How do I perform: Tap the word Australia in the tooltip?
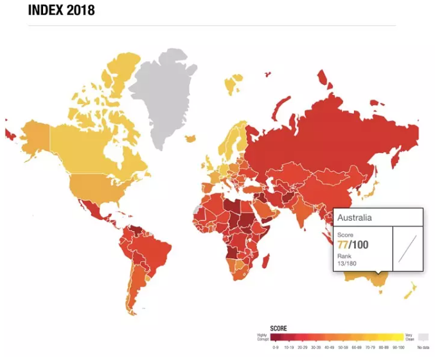click(355, 217)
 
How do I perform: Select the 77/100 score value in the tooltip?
click(353, 245)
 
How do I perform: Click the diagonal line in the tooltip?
click(407, 248)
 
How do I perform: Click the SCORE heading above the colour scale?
click(278, 326)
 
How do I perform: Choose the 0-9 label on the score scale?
click(276, 347)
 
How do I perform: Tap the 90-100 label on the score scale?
click(398, 347)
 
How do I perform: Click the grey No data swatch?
click(423, 336)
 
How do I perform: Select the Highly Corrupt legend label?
click(262, 336)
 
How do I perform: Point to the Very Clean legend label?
click(409, 336)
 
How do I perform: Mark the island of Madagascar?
click(263, 260)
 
